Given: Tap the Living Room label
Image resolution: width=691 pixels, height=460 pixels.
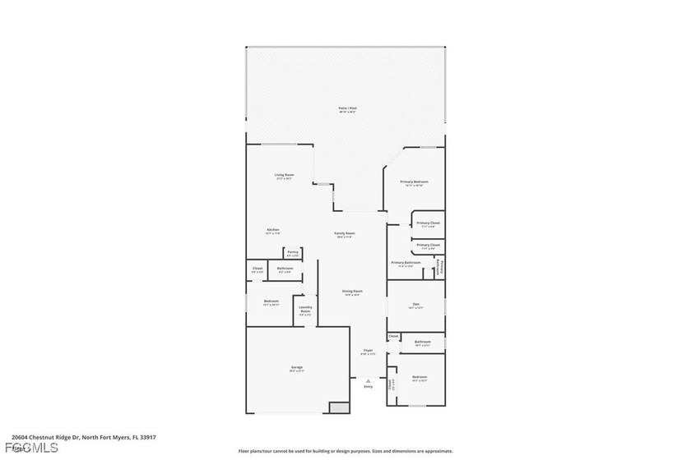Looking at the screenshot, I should point(284,176).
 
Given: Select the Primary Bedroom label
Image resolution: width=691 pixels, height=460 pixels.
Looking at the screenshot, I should point(414,182).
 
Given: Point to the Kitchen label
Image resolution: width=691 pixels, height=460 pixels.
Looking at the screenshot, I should point(272,230).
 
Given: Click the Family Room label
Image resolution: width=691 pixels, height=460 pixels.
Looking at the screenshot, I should point(344,234).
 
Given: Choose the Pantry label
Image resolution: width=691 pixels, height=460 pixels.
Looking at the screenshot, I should point(292,253).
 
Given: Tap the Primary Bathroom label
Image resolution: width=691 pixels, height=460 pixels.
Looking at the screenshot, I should point(406,264).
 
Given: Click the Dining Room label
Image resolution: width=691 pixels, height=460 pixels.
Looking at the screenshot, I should point(352,292).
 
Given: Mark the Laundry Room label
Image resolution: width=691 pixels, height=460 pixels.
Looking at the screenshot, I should point(304,310).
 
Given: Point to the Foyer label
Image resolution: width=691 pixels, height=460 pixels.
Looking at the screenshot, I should point(368,352).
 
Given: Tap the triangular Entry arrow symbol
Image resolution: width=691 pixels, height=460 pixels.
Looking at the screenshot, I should point(368,380).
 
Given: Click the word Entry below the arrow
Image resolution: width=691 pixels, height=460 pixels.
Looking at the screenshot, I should point(368,387).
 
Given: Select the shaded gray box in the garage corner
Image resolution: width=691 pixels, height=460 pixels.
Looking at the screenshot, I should point(338,407).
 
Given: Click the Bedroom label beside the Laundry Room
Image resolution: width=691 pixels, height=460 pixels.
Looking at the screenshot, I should point(271,302).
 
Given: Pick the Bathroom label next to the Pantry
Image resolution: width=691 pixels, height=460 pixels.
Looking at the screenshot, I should point(285,269).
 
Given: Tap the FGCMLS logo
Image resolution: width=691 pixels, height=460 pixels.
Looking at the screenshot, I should point(30,448).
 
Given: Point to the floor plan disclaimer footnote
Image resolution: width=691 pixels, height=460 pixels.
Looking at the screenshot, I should point(345,451).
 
